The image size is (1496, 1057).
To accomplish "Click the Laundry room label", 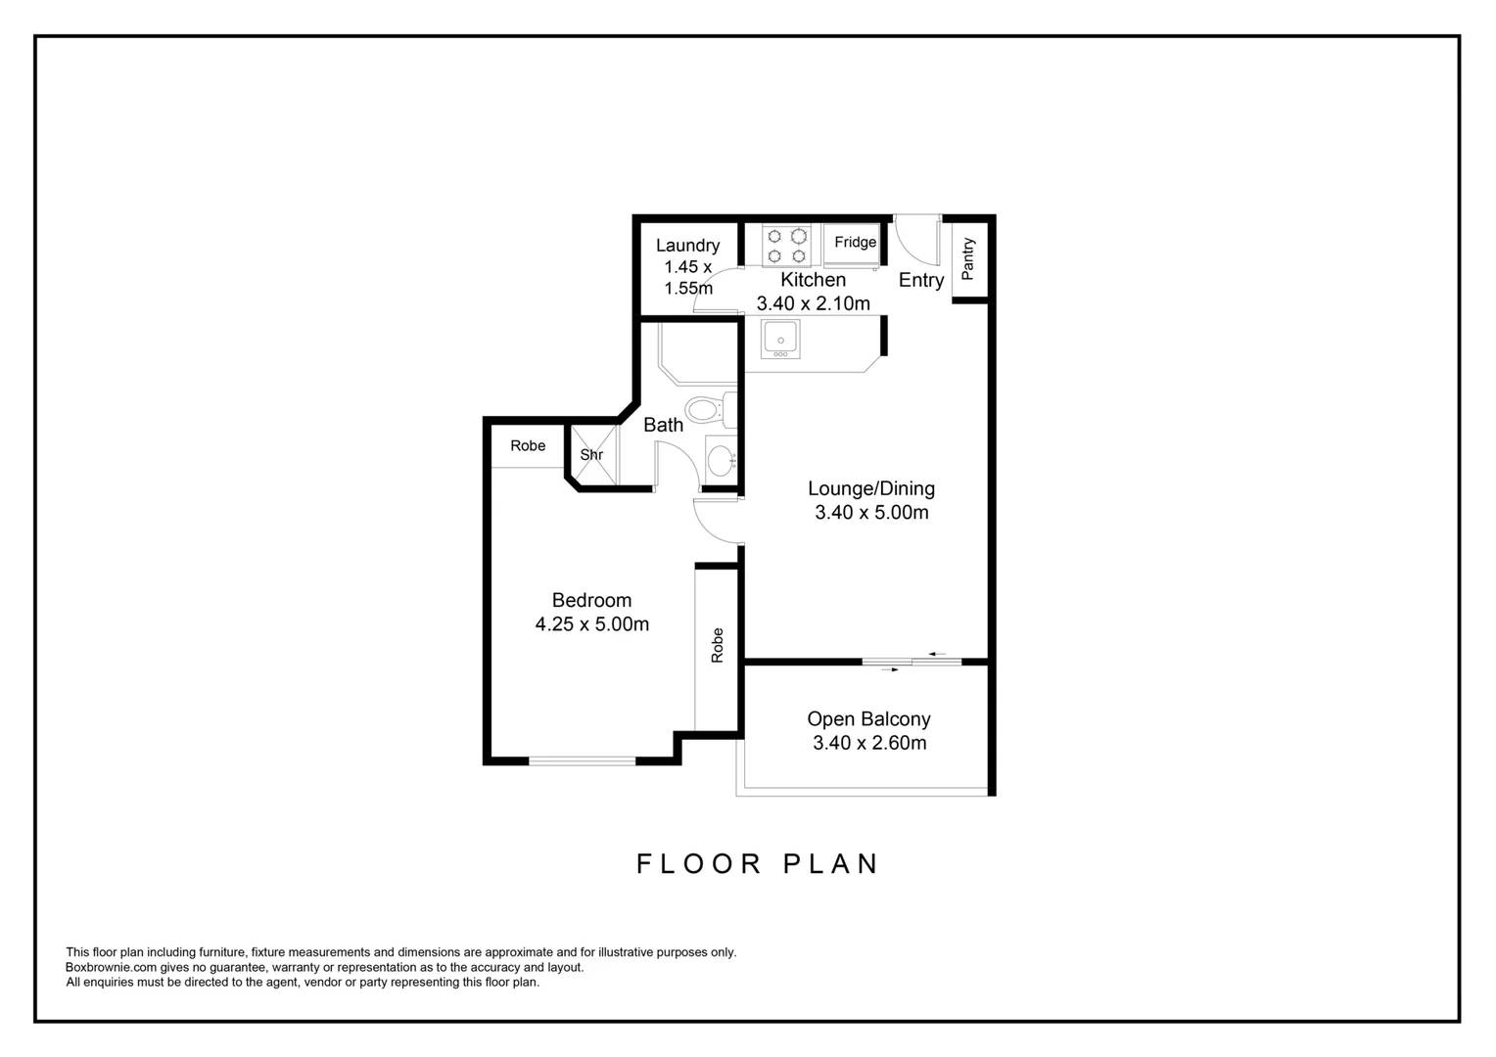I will [687, 246].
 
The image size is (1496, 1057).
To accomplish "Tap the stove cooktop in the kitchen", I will [787, 246].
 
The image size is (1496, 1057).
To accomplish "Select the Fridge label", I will [855, 242].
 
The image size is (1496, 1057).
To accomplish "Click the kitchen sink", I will [780, 339].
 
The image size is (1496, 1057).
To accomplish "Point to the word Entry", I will [920, 280].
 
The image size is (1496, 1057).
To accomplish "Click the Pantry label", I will [968, 258].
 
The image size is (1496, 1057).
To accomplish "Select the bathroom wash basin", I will [720, 459].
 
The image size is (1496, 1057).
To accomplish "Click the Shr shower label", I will [591, 455].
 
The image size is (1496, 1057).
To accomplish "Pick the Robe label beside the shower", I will [528, 445].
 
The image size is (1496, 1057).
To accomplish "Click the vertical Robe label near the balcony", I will [717, 646].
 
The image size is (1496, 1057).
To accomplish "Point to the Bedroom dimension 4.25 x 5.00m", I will [591, 624].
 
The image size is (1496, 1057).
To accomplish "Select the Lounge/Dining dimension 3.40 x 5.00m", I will [871, 512].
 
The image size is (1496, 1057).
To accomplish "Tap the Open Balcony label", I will [868, 718].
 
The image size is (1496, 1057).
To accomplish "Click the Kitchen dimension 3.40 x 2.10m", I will [813, 303].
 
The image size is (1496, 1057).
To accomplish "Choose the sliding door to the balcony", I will [912, 663].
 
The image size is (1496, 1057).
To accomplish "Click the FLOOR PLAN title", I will [758, 863].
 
